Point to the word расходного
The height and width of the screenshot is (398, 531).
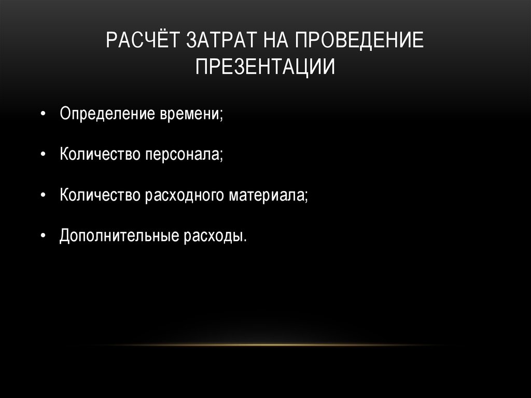pyautogui.click(x=185, y=195)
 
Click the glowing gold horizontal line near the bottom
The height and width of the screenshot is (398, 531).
pyautogui.click(x=265, y=345)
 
